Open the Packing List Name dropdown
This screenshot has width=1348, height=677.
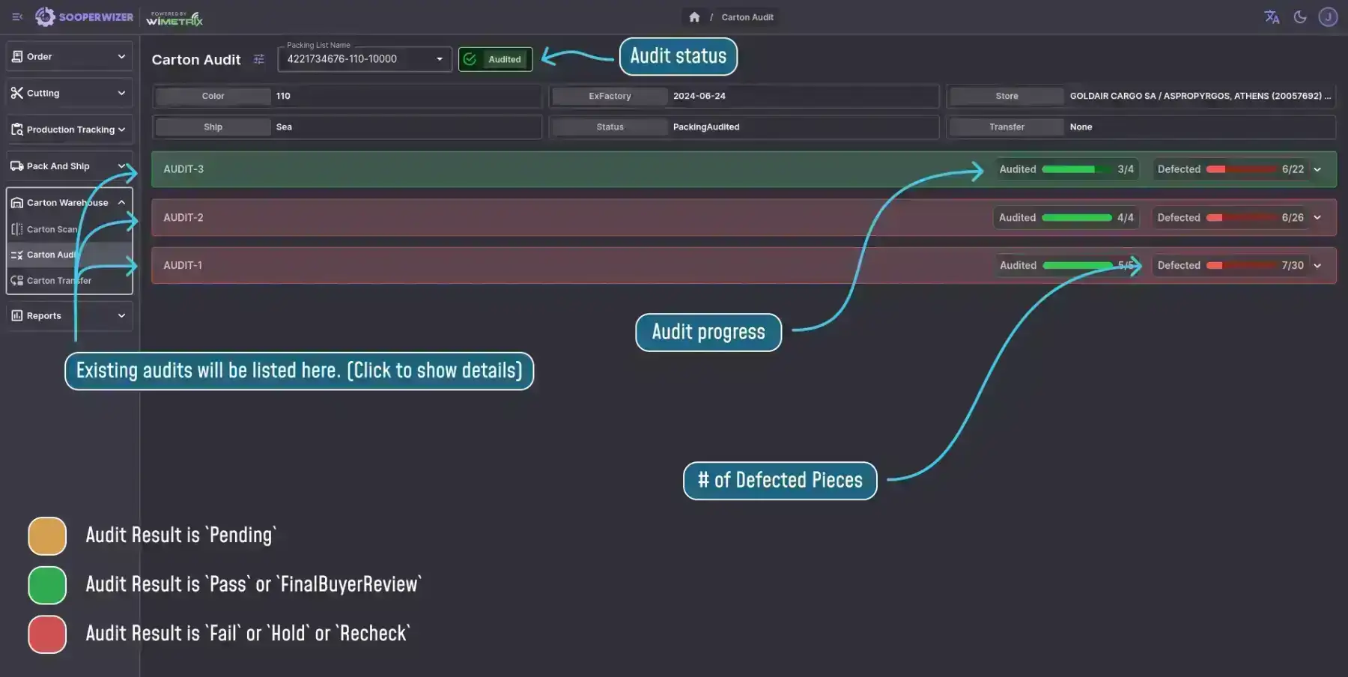click(x=365, y=59)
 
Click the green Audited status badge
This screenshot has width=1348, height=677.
click(x=496, y=59)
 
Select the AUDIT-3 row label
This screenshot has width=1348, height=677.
click(x=183, y=169)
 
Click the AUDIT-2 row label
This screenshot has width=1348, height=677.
click(x=183, y=218)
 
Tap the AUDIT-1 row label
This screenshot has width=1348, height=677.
click(x=183, y=266)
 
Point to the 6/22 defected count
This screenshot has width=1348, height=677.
click(x=1293, y=169)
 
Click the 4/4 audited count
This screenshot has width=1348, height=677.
click(x=1125, y=218)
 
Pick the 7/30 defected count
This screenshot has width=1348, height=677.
click(x=1293, y=266)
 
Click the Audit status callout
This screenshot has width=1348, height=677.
click(x=678, y=56)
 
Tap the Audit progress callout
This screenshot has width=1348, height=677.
click(x=708, y=332)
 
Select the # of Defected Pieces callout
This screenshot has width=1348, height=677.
click(x=780, y=481)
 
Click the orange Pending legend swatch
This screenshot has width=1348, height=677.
click(x=47, y=536)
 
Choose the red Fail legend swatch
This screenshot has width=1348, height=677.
click(x=47, y=634)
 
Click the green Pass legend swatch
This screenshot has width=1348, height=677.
click(x=47, y=585)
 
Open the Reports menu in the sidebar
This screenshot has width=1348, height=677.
click(x=70, y=316)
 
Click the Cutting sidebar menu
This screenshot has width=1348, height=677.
click(x=70, y=93)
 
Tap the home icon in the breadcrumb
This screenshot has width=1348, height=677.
click(x=694, y=17)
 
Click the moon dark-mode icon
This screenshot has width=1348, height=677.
click(x=1300, y=17)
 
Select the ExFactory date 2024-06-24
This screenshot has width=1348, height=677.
click(x=699, y=96)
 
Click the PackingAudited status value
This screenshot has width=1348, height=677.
click(x=706, y=127)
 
